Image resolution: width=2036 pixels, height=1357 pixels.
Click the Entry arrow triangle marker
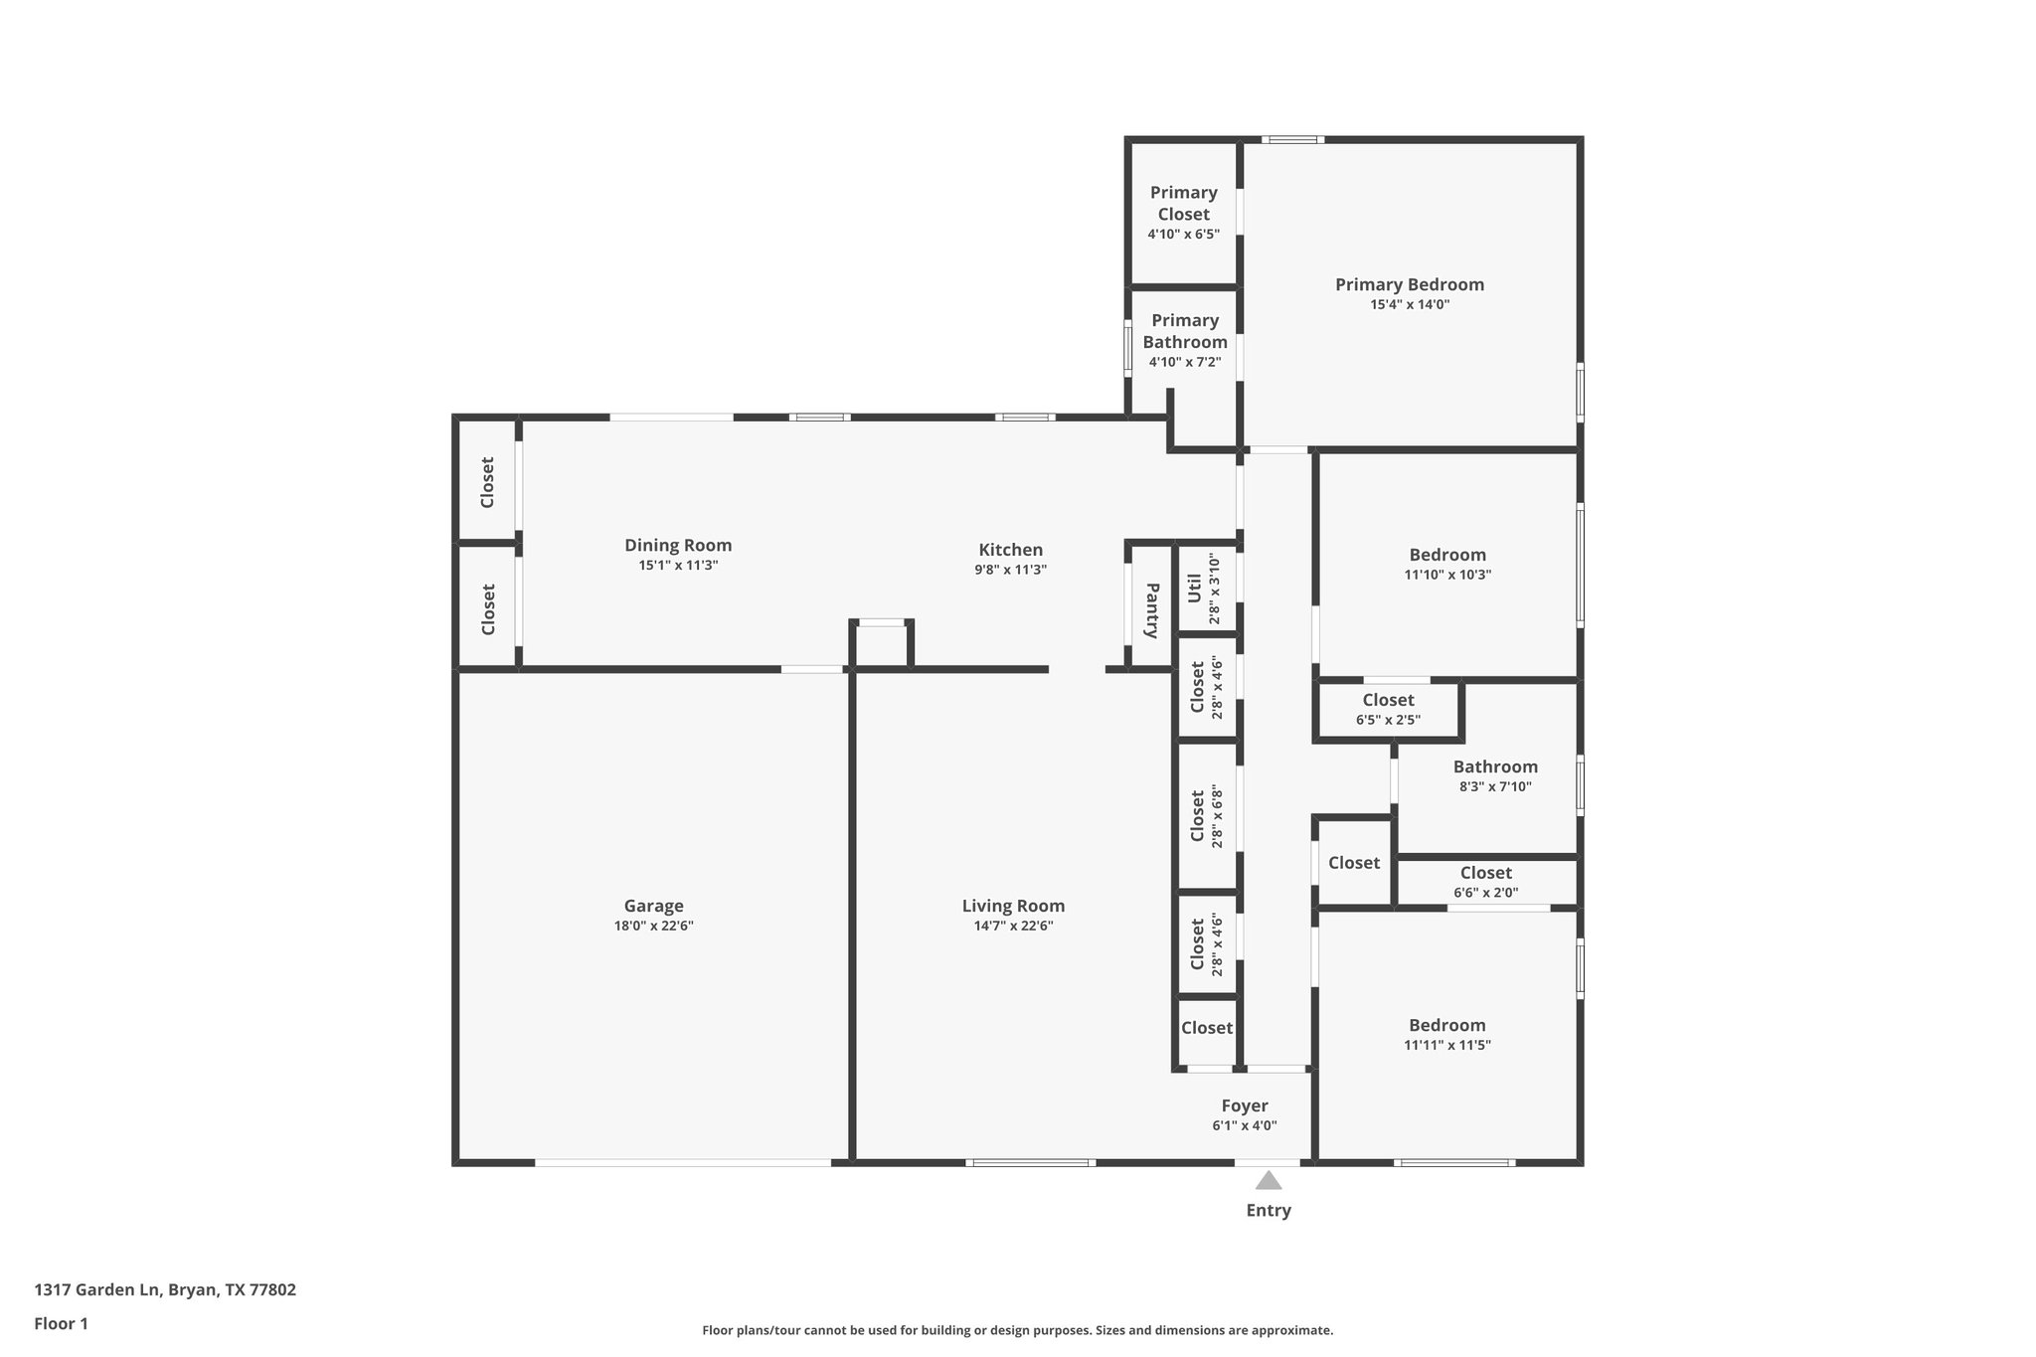click(1268, 1180)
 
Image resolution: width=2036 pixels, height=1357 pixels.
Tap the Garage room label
click(653, 906)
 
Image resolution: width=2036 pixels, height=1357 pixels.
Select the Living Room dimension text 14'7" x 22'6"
click(1013, 926)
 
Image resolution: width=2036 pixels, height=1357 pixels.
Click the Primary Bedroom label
click(1409, 284)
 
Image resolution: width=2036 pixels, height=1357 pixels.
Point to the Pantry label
click(1152, 610)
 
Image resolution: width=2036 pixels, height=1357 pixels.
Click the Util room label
click(1195, 588)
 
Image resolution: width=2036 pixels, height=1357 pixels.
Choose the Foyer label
click(1244, 1105)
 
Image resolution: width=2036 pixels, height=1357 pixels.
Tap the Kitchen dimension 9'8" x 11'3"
click(1010, 570)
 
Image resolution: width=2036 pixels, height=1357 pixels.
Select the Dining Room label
click(678, 545)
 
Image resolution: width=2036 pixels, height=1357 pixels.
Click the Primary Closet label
click(1183, 203)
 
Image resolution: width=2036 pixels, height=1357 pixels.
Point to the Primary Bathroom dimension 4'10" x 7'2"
click(1184, 362)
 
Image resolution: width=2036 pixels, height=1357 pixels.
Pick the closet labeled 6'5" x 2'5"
click(1388, 710)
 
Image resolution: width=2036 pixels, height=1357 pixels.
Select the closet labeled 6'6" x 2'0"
click(1485, 882)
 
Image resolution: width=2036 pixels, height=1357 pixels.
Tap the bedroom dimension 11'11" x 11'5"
click(1446, 1045)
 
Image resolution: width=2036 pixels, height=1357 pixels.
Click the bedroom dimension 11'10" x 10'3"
click(1446, 575)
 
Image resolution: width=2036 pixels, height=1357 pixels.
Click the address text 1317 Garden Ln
click(97, 1289)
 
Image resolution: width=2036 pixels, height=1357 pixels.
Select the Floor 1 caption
click(61, 1323)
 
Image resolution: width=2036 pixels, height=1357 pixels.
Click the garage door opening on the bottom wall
click(683, 1162)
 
